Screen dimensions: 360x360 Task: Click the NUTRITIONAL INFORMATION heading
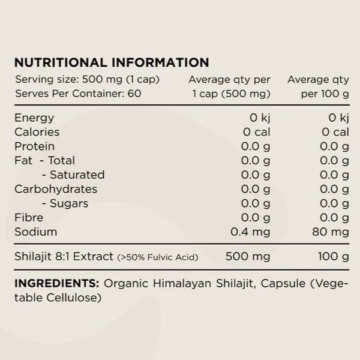(112, 62)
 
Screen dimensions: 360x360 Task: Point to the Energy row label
(34, 118)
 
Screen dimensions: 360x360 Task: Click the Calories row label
(37, 132)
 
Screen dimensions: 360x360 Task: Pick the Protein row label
(34, 146)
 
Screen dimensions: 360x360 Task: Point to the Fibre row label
(29, 218)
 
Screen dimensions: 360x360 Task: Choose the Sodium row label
(35, 232)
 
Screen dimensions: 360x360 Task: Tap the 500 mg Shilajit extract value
(247, 257)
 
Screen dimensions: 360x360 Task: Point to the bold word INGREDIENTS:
(57, 283)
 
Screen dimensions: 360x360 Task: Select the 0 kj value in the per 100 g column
(336, 118)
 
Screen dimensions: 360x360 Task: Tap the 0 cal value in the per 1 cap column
(254, 132)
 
